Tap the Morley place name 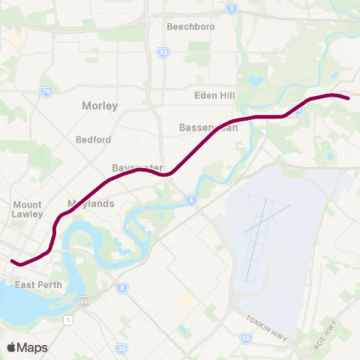tap(100, 106)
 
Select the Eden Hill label tap(214, 95)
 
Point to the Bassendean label tap(208, 127)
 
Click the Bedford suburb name tap(93, 139)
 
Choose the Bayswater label tap(132, 167)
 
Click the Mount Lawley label tap(28, 209)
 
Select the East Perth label tap(37, 285)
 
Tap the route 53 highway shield tap(163, 52)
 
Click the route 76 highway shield tap(46, 91)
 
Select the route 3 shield tap(232, 9)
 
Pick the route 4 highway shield tap(191, 200)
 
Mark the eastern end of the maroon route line tap(348, 97)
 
